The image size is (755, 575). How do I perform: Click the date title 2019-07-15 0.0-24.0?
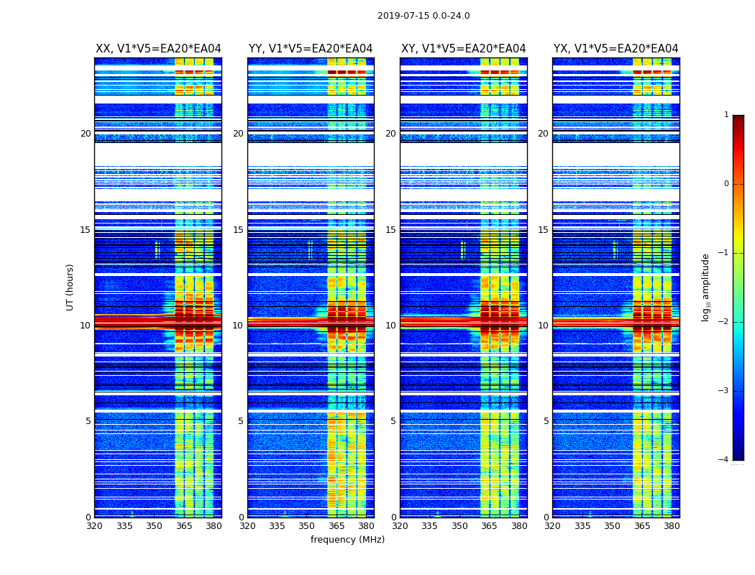(424, 16)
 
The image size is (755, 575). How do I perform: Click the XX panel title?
(158, 49)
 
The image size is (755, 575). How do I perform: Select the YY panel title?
(311, 49)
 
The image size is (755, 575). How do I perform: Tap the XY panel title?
(463, 49)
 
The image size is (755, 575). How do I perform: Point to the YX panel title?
(616, 49)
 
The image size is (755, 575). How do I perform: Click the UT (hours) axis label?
(70, 287)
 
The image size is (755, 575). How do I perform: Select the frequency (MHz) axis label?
(347, 540)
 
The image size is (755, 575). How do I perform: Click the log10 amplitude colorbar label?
(706, 287)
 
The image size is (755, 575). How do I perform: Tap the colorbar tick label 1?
(726, 115)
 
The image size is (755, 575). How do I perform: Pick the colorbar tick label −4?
(724, 460)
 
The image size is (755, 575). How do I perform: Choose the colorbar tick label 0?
(726, 184)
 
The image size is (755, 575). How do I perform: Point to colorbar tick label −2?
(724, 322)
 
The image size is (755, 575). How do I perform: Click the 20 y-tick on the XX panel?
(86, 134)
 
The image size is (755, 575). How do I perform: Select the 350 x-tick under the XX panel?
(154, 526)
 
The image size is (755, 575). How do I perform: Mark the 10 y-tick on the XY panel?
(390, 326)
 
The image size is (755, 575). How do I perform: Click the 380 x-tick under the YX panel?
(672, 526)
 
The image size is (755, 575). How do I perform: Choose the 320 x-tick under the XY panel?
(400, 526)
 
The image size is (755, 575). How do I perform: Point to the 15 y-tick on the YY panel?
(238, 230)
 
